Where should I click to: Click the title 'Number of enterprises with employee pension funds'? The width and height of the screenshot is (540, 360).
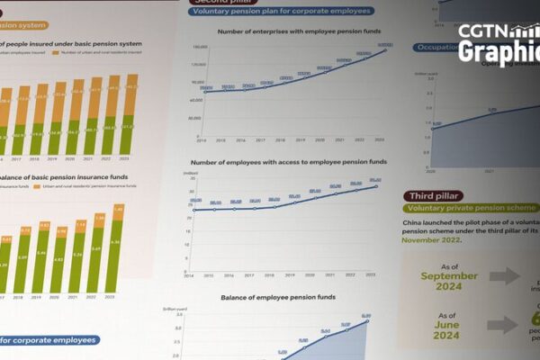click(293, 32)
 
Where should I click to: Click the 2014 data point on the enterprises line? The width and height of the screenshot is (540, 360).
click(205, 92)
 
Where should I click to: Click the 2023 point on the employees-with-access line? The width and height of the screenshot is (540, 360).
click(377, 185)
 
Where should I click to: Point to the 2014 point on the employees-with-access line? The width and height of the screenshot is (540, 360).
click(193, 209)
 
